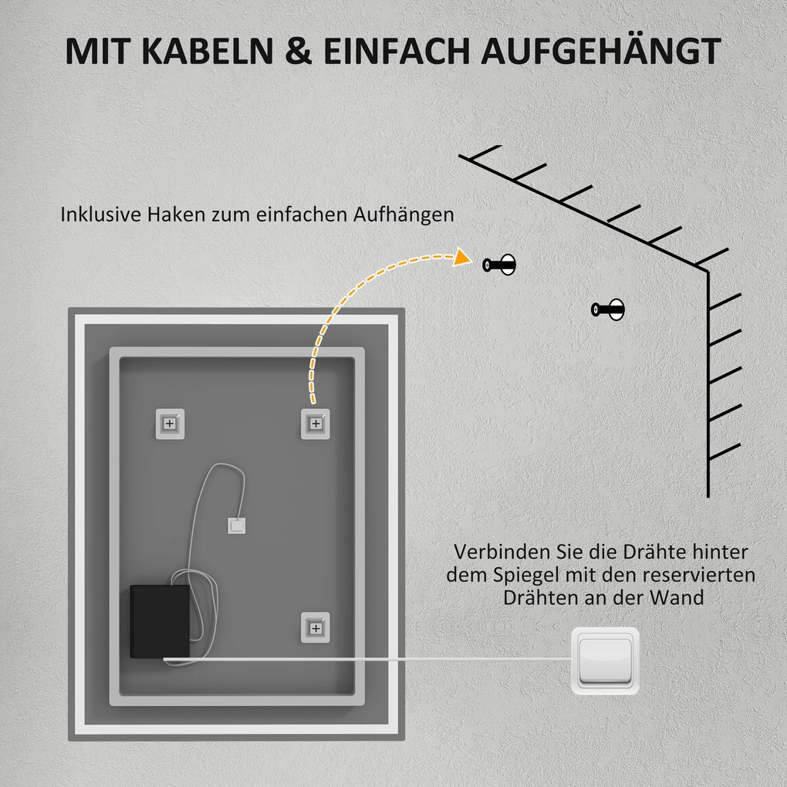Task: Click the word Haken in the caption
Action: [183, 214]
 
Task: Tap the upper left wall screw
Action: [499, 265]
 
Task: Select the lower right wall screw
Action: [608, 310]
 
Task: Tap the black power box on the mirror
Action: [160, 621]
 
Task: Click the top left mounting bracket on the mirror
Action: [171, 423]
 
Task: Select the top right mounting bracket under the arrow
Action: [315, 423]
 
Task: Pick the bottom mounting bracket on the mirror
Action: [315, 626]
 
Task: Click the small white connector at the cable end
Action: [235, 525]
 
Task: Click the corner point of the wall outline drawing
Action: [708, 271]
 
